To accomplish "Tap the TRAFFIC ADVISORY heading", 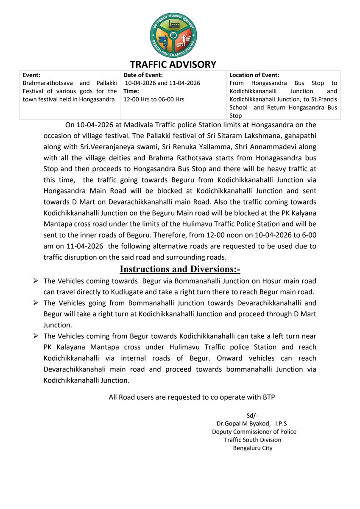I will coord(173,64).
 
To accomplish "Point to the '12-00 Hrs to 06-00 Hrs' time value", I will coord(153,99).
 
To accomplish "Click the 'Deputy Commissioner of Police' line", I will coord(254,431).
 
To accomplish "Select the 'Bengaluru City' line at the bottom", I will coord(253,448).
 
